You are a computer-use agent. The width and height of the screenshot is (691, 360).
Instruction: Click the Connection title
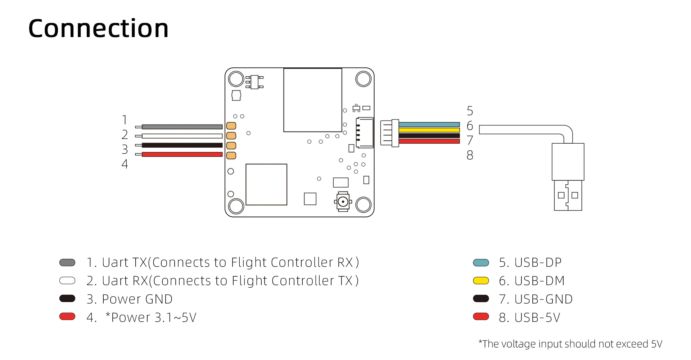[98, 28]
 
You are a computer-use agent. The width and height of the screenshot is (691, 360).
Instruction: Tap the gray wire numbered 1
[182, 127]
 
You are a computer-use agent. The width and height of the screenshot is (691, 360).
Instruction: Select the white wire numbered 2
[182, 136]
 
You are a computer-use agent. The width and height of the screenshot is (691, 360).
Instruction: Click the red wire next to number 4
[182, 154]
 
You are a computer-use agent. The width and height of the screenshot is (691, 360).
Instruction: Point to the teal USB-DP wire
[429, 125]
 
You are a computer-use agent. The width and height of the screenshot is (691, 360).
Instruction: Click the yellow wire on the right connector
[429, 130]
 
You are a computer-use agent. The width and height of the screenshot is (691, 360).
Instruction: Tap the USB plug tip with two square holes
[568, 195]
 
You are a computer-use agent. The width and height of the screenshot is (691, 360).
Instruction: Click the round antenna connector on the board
[343, 202]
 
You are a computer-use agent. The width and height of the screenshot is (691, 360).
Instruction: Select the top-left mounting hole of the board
[236, 79]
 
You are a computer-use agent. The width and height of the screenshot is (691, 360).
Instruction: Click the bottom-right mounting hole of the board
[363, 205]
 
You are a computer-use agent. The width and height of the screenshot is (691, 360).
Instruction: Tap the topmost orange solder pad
[231, 126]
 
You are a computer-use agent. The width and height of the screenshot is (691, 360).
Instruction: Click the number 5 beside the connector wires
[470, 111]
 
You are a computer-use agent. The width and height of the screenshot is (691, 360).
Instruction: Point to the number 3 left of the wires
[125, 149]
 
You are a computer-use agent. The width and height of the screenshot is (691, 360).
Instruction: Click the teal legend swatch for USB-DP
[481, 263]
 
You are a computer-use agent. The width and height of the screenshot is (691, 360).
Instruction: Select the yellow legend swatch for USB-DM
[481, 281]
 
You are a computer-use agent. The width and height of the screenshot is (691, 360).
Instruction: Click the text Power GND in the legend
[137, 299]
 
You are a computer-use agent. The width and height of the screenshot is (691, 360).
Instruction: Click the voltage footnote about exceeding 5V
[570, 344]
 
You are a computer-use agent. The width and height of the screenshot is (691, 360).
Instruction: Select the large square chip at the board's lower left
[266, 185]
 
